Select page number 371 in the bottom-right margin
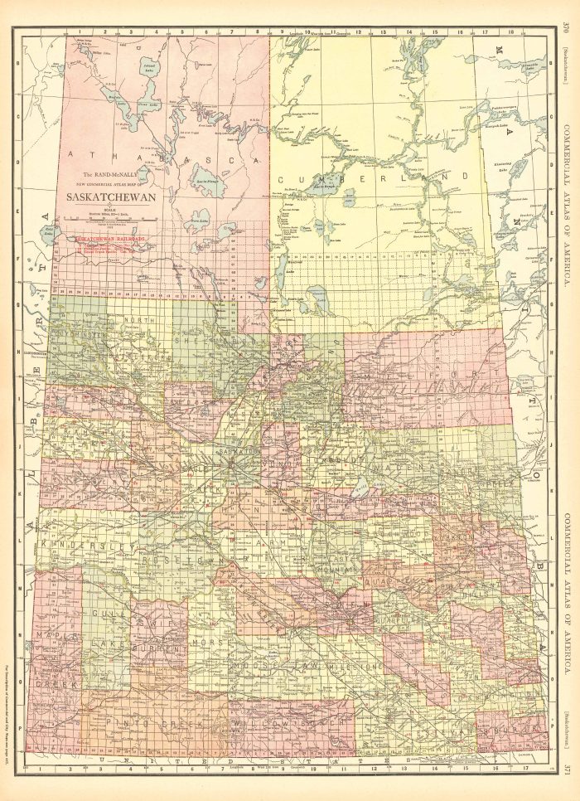tap(564, 768)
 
